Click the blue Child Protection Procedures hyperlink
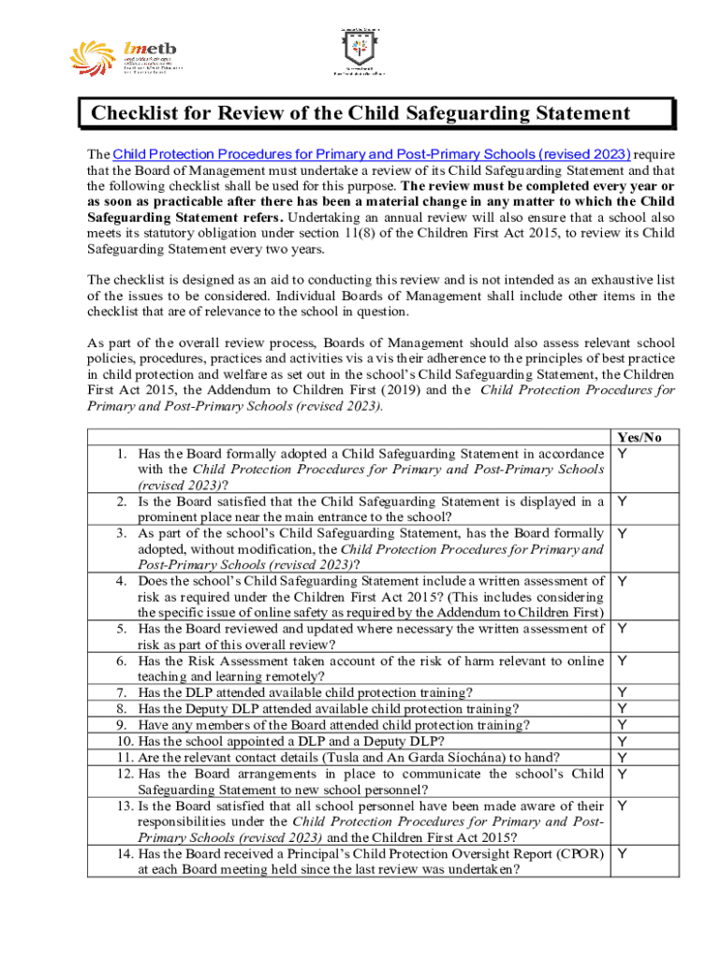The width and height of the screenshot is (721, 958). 371,153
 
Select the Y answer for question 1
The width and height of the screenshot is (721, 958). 622,453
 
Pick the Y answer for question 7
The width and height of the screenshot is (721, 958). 622,692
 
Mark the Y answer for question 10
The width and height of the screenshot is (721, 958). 622,741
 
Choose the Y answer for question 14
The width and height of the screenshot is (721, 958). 622,853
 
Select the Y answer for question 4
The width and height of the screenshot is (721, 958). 622,581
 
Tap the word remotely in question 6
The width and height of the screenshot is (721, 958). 291,676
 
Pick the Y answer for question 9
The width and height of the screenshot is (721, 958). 622,725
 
